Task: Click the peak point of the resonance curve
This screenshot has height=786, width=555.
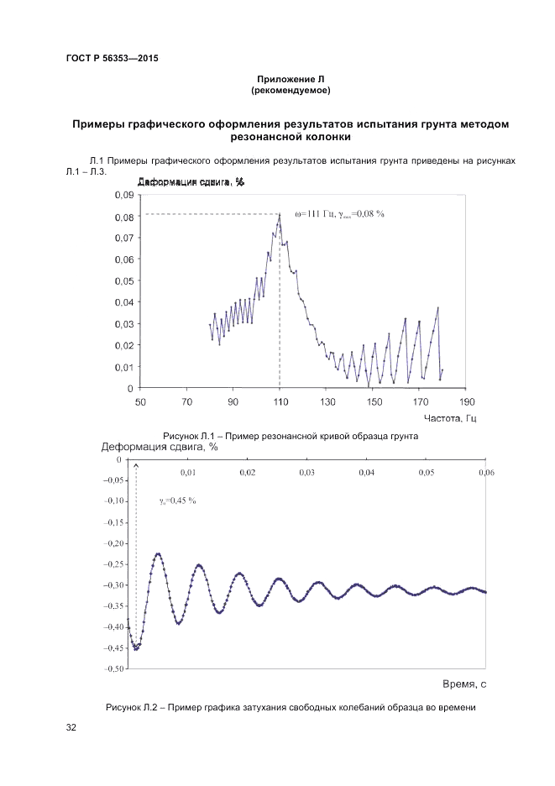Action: point(280,214)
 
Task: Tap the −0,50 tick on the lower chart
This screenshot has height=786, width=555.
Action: point(114,668)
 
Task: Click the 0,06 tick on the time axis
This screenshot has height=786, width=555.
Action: point(486,474)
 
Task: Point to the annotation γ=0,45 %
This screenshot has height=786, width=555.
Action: point(177,501)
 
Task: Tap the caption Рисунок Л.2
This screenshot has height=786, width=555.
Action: point(291,708)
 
